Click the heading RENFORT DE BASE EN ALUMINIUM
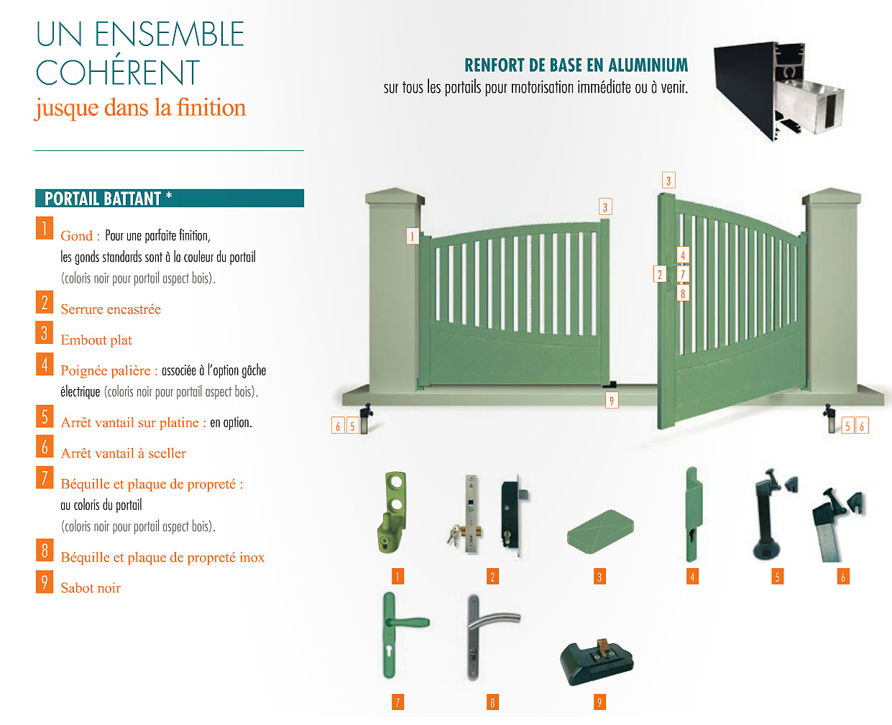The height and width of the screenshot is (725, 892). click(576, 65)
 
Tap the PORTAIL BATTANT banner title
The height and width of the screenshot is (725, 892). click(108, 199)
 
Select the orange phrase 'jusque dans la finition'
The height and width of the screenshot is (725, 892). click(140, 108)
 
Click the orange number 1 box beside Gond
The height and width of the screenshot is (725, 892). click(45, 228)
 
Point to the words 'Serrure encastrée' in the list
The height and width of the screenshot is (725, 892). click(111, 309)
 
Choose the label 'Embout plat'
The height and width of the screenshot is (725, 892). click(96, 340)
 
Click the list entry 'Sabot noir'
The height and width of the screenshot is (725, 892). click(91, 588)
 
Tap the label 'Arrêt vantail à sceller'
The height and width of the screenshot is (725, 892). click(123, 453)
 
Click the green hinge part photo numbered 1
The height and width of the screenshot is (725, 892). click(392, 512)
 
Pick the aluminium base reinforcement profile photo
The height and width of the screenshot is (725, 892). click(779, 91)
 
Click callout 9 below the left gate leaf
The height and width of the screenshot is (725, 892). click(612, 401)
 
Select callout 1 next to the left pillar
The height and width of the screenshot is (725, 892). click(413, 236)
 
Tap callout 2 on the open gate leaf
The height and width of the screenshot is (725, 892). click(660, 274)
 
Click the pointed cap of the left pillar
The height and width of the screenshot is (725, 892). click(395, 196)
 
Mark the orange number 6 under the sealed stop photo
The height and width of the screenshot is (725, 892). click(843, 577)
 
